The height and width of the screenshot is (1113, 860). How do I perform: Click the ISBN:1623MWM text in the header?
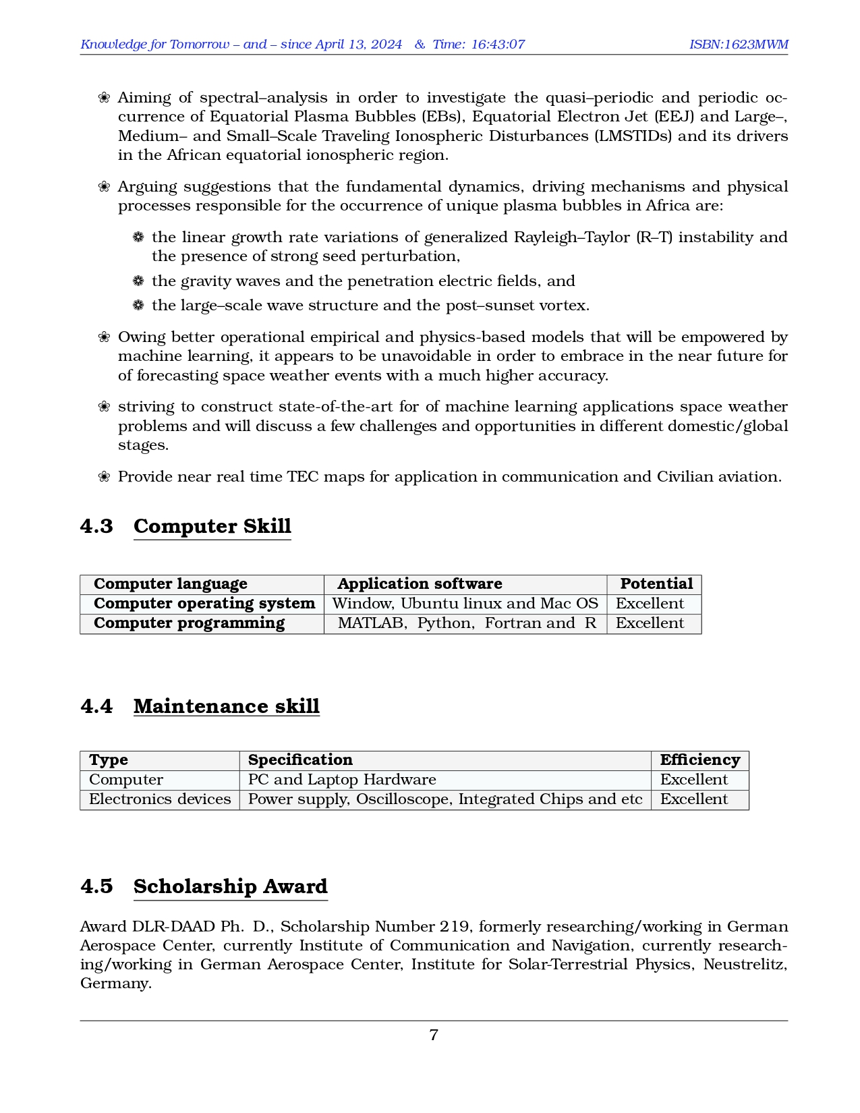click(738, 45)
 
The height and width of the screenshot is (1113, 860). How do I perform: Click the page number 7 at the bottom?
click(434, 1035)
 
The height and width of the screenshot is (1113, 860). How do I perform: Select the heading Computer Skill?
click(212, 526)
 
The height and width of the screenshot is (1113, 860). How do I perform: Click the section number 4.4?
click(96, 706)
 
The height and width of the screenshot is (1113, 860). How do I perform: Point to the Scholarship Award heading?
click(230, 886)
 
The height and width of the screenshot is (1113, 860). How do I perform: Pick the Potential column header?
click(656, 583)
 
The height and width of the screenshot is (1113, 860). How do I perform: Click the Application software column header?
click(420, 583)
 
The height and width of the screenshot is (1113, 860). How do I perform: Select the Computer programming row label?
click(189, 623)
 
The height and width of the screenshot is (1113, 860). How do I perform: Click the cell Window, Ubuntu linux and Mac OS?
click(465, 603)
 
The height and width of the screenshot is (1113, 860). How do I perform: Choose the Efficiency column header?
click(699, 760)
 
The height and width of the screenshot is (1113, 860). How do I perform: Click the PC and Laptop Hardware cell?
click(342, 779)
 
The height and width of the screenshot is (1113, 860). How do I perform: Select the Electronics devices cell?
click(160, 799)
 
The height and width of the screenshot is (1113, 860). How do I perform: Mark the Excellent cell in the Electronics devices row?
click(693, 799)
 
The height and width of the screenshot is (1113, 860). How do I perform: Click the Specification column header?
click(300, 760)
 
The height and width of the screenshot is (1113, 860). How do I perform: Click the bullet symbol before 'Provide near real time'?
click(104, 477)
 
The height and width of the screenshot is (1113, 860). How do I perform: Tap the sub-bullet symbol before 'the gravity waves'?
click(138, 281)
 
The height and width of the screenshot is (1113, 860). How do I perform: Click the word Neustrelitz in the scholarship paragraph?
click(745, 964)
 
